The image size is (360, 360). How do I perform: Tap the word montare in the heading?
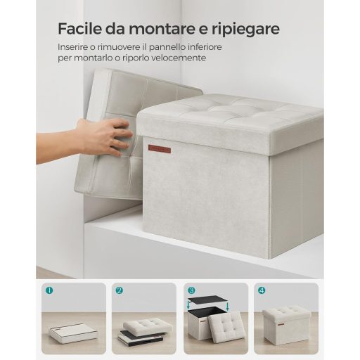(159, 29)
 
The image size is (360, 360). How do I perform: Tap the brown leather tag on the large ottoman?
(160, 149)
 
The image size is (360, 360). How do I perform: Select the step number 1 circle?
(49, 290)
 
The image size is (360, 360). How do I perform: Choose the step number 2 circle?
(120, 290)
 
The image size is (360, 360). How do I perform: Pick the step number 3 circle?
(191, 290)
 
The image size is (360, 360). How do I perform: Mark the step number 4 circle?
(262, 290)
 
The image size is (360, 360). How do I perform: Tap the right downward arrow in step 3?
(228, 307)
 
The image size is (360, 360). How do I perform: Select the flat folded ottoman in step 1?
(73, 333)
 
